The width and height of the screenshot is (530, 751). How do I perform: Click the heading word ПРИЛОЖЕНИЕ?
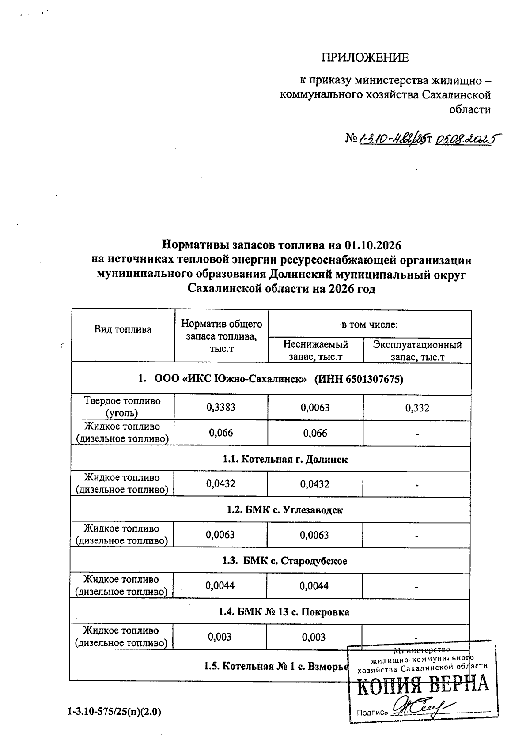[364, 58]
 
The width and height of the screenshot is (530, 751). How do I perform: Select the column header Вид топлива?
[123, 329]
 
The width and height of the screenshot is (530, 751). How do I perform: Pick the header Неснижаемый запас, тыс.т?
[316, 350]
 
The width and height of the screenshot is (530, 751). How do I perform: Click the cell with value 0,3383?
[221, 407]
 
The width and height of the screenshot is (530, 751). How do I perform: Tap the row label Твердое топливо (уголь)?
[122, 407]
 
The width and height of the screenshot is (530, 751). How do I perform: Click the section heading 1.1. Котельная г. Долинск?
[285, 459]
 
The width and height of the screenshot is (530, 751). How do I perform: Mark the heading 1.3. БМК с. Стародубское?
[284, 561]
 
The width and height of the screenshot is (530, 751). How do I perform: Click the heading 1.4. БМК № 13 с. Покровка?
[284, 612]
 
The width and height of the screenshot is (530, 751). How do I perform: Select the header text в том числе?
[370, 325]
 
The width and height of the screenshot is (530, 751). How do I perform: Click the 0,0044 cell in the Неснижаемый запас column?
[314, 586]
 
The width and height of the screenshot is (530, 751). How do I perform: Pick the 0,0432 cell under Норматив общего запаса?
[221, 484]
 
